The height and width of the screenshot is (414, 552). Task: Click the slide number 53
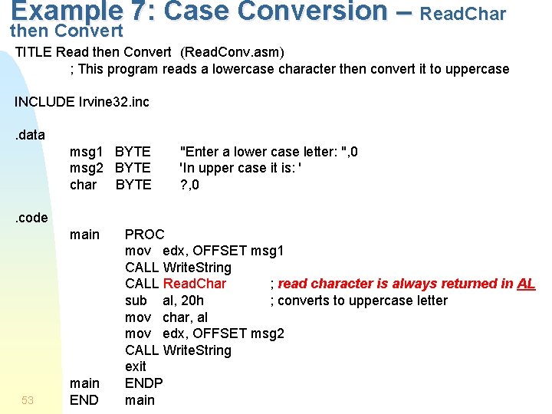(28, 399)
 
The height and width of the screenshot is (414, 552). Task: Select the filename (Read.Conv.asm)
(232, 52)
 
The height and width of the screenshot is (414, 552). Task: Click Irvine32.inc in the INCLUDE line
(113, 102)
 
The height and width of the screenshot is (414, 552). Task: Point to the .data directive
(31, 135)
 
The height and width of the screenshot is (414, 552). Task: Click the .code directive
(31, 218)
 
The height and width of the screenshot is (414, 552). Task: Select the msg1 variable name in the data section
(86, 152)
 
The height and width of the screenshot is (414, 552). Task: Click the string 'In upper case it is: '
(240, 168)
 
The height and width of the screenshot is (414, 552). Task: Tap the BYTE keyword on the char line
(133, 185)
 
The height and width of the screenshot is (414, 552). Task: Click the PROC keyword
(144, 235)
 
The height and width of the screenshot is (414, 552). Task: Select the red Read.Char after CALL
(195, 284)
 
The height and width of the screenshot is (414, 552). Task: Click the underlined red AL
(526, 284)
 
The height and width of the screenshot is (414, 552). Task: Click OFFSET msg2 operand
(238, 333)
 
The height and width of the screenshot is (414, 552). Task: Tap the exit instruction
(135, 366)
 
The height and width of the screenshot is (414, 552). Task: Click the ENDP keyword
(144, 383)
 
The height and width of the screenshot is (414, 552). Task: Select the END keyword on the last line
(84, 399)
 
